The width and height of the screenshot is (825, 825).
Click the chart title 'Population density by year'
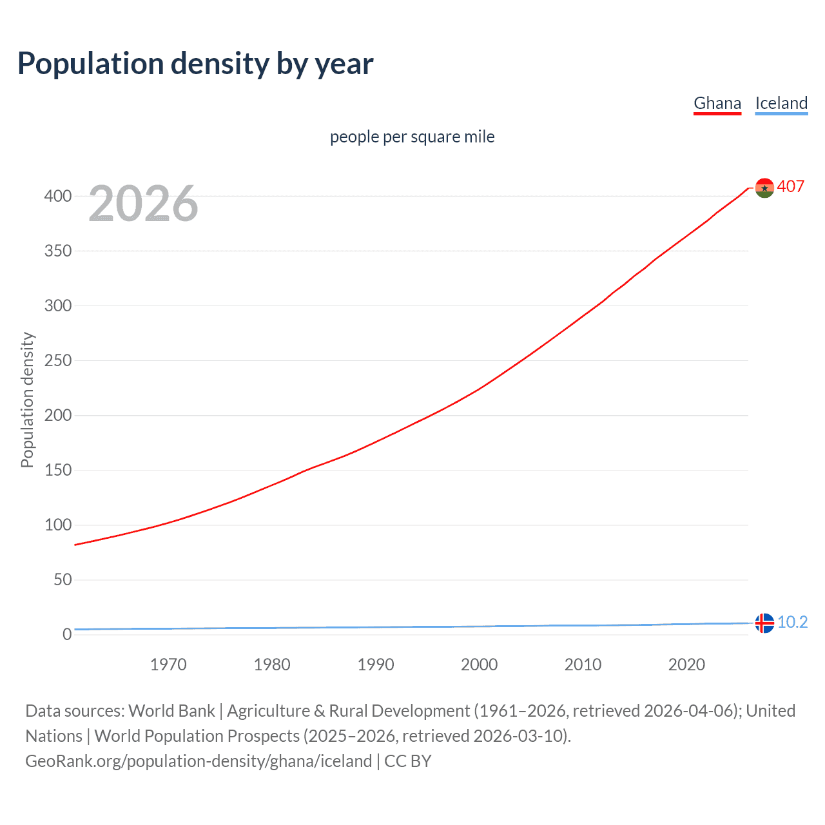click(195, 64)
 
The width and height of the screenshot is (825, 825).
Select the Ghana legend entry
click(717, 103)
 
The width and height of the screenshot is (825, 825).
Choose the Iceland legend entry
click(781, 103)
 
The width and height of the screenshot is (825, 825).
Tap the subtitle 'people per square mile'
click(412, 137)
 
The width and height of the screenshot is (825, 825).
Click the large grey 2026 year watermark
click(143, 204)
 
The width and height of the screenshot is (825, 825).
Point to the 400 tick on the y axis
click(58, 196)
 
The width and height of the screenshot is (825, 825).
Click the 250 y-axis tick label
click(58, 360)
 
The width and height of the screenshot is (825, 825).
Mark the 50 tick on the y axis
click(63, 579)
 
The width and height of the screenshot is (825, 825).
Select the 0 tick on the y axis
click(67, 634)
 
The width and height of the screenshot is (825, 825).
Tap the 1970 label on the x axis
click(168, 665)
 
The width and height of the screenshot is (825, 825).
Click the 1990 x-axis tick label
click(376, 665)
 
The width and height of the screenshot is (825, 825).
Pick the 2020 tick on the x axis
click(686, 665)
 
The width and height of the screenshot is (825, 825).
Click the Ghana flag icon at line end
click(764, 188)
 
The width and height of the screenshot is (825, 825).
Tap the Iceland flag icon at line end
click(764, 623)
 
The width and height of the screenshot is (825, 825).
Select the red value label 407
click(791, 187)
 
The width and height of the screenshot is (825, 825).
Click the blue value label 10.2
click(792, 622)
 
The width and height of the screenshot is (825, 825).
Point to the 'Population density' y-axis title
click(27, 400)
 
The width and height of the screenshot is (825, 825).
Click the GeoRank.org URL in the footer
click(199, 761)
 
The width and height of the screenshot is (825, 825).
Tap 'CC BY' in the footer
click(407, 761)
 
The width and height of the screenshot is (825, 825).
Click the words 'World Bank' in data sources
click(171, 711)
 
